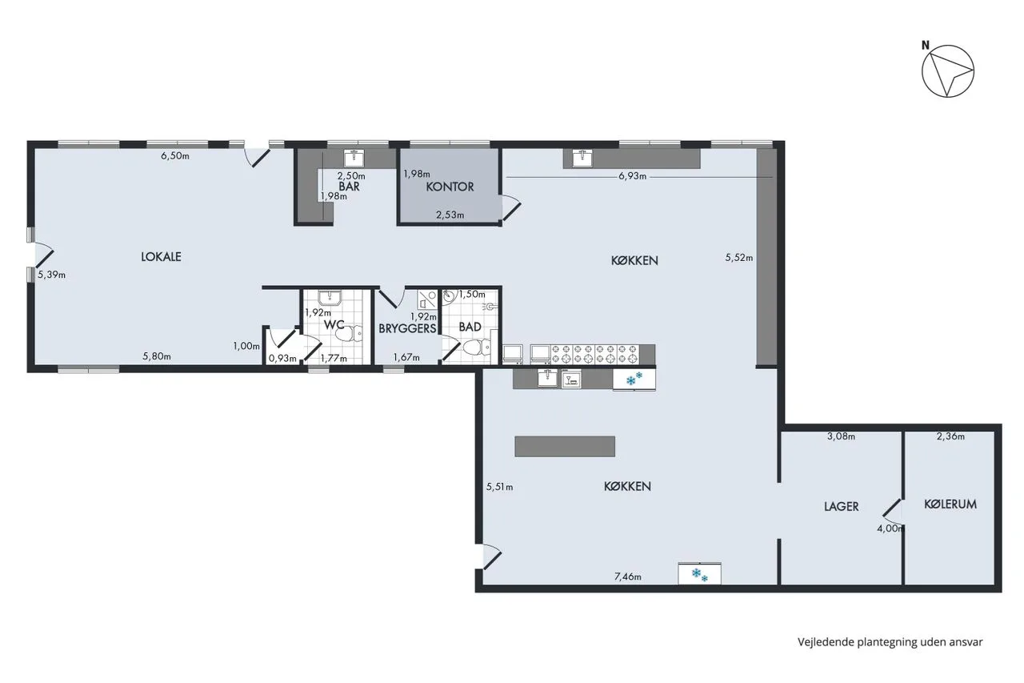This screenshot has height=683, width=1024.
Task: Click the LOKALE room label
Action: pos(161,257)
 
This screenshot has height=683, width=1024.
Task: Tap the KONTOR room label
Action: pos(450,187)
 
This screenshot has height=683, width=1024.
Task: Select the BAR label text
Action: pos(350,187)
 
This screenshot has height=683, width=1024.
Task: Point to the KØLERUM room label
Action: pos(950,504)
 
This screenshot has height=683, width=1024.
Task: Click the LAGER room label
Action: pos(841,506)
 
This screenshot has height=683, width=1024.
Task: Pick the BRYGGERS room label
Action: pos(407,328)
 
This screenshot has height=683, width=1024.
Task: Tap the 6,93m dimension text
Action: pos(632,176)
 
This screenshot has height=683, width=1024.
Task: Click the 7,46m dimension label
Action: pos(628,577)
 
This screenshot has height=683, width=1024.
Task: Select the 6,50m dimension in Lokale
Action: pos(175,155)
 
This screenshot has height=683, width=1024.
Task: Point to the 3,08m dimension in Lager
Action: pos(841,436)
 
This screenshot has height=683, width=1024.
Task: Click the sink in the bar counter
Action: pos(354,158)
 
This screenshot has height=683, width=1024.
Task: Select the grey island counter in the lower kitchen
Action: pos(565,447)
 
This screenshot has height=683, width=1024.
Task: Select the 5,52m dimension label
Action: pos(738,258)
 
